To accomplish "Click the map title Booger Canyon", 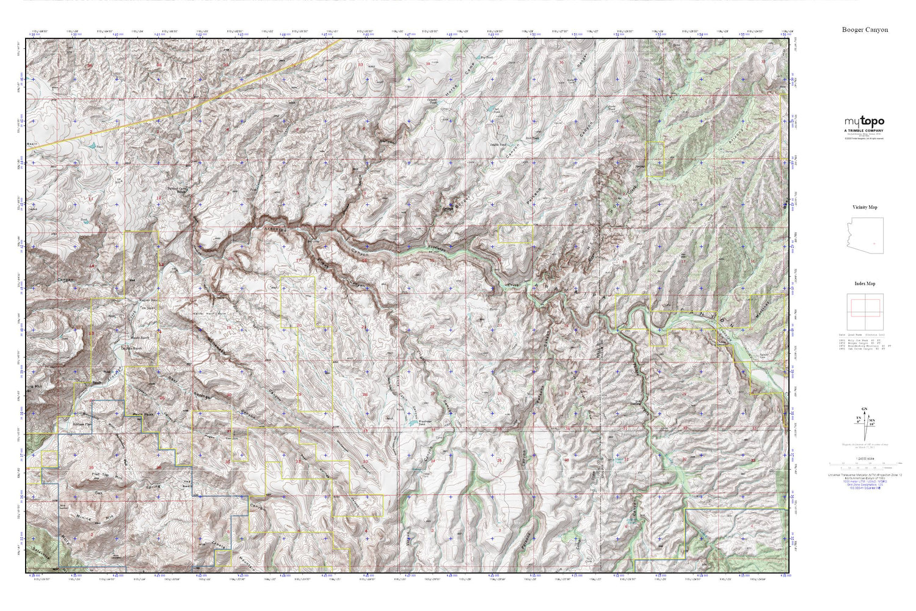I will pyautogui.click(x=865, y=29).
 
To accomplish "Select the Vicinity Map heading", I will pyautogui.click(x=865, y=208).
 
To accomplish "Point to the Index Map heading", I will pyautogui.click(x=865, y=284).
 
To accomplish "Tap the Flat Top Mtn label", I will pyautogui.click(x=107, y=474).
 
